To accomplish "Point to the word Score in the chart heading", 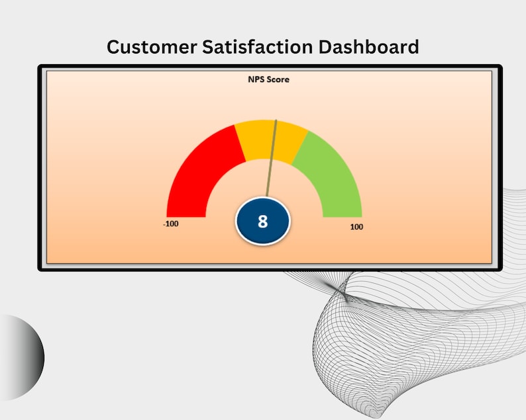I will (278, 79).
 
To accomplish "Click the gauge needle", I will (272, 159).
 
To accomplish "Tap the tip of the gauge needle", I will (276, 120).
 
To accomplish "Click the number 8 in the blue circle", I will (263, 221).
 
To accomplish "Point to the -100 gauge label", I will (171, 224).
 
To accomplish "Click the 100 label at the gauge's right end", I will (356, 227).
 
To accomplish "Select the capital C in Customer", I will (114, 47).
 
